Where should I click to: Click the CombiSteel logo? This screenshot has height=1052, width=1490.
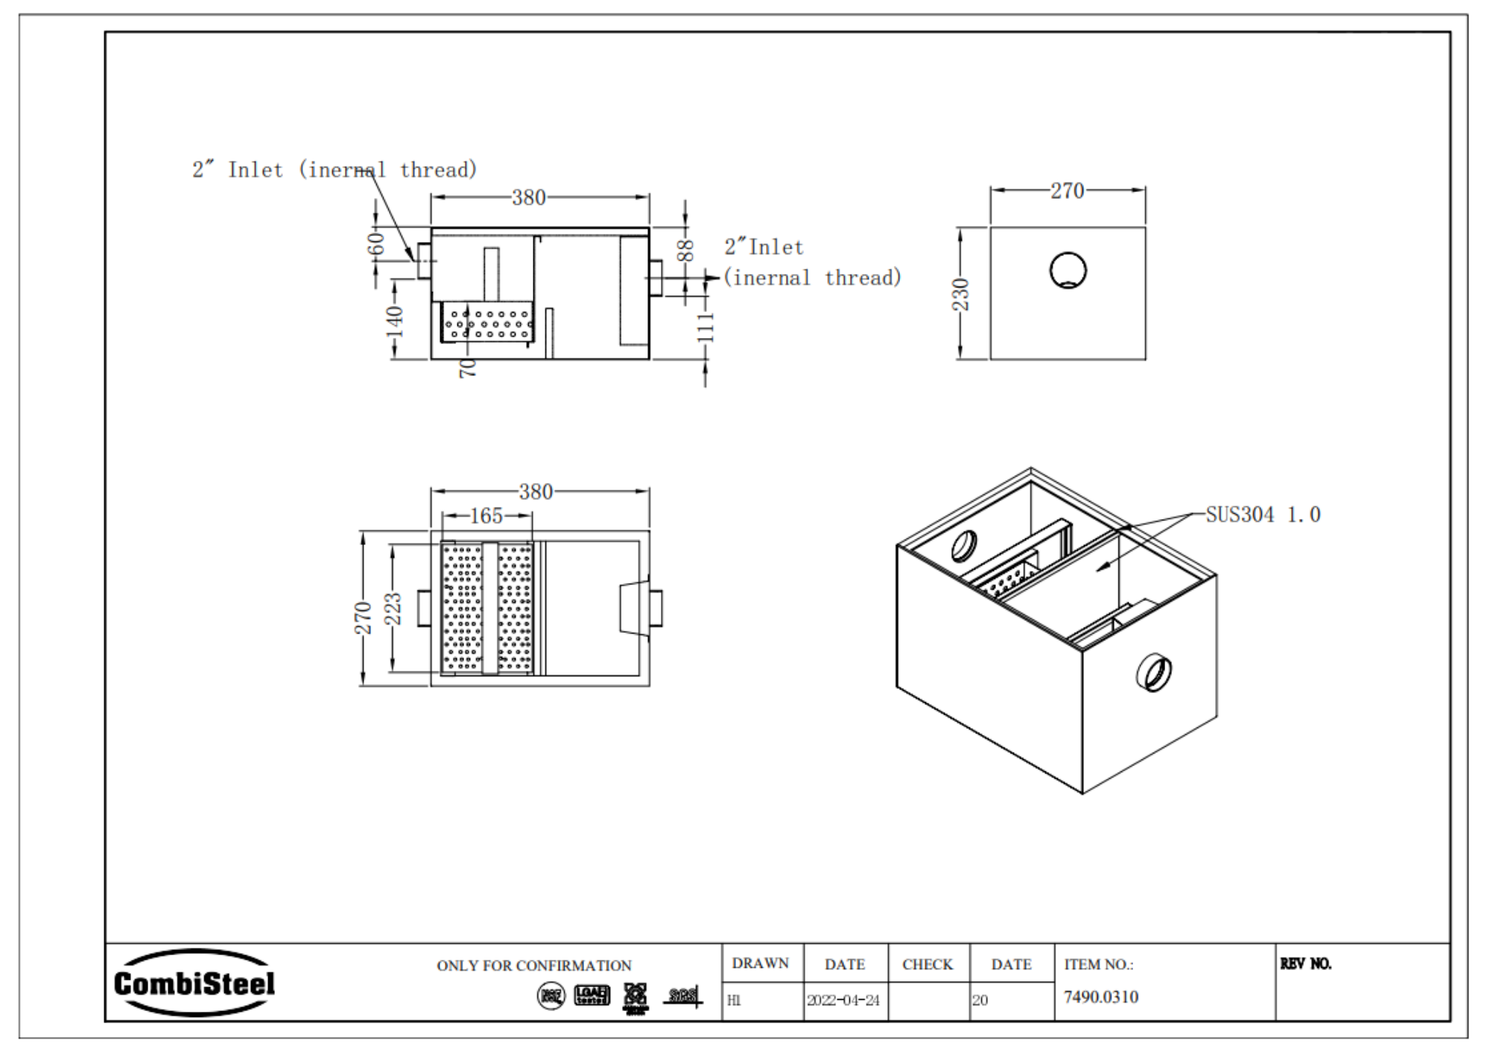click(x=194, y=983)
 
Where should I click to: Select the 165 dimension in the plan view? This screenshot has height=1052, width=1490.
click(x=486, y=516)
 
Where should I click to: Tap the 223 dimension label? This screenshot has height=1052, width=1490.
click(x=393, y=608)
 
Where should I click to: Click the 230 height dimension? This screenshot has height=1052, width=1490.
click(x=961, y=294)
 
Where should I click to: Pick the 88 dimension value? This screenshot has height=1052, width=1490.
click(x=686, y=250)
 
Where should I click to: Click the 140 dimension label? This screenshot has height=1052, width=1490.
click(x=395, y=321)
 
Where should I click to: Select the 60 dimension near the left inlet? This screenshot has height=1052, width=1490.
click(x=376, y=243)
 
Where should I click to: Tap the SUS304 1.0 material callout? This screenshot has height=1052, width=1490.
click(x=1263, y=514)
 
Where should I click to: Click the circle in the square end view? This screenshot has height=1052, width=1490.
click(x=1068, y=270)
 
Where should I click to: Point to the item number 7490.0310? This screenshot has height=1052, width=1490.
click(x=1100, y=997)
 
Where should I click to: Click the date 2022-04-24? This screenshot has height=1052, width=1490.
click(x=843, y=1001)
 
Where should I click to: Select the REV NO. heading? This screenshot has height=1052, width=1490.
click(x=1305, y=963)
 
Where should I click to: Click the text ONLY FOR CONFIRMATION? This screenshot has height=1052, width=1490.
click(x=533, y=966)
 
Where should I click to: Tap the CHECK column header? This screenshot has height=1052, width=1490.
click(x=927, y=964)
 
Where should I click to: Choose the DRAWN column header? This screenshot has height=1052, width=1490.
click(x=760, y=963)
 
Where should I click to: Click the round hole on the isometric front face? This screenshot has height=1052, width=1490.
click(x=1153, y=672)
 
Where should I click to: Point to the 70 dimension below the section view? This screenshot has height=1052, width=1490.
click(x=467, y=368)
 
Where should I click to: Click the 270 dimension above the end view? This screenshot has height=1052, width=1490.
click(x=1067, y=191)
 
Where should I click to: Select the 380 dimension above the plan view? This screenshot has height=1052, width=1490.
click(x=536, y=491)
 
